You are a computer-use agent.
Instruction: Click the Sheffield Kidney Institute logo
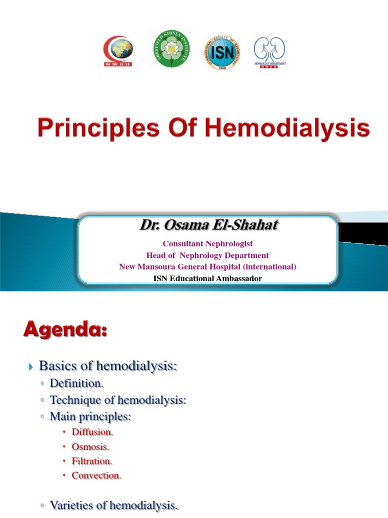coord(170,49)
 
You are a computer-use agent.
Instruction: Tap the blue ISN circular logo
coord(222,52)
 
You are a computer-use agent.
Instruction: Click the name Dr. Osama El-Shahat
coord(209,226)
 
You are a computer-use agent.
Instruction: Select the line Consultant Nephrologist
coord(208,244)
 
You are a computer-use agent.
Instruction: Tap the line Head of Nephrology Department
coord(208,255)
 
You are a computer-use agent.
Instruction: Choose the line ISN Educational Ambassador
coord(208,278)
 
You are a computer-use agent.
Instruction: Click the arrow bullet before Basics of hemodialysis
coord(30,366)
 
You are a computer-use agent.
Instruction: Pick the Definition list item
coord(76,384)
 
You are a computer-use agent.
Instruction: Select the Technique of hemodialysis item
coord(118,401)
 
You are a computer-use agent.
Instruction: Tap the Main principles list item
coord(90,417)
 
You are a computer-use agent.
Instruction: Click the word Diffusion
coord(92,433)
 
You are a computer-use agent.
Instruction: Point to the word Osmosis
coord(90,447)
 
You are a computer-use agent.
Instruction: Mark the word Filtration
coord(92,461)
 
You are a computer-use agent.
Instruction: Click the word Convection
coord(96,476)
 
